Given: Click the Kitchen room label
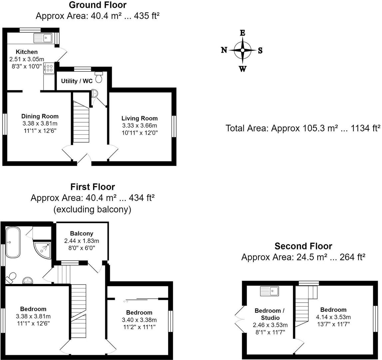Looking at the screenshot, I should pyautogui.click(x=27, y=52).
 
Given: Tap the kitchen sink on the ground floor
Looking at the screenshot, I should pyautogui.click(x=43, y=38).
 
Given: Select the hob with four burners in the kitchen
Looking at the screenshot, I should pyautogui.click(x=49, y=68).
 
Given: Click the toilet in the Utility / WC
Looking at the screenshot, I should pyautogui.click(x=99, y=77).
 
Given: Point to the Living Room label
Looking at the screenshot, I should pyautogui.click(x=139, y=118).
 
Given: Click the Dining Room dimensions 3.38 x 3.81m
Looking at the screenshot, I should pyautogui.click(x=40, y=124).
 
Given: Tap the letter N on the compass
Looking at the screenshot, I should pyautogui.click(x=224, y=50).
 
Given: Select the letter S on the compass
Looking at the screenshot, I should pyautogui.click(x=260, y=50).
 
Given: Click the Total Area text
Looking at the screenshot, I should pyautogui.click(x=303, y=128).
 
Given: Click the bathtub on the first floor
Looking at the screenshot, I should pyautogui.click(x=13, y=242).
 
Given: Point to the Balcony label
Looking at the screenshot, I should pyautogui.click(x=82, y=233).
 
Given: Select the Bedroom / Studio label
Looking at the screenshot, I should pyautogui.click(x=267, y=314).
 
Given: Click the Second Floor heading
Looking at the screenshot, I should pyautogui.click(x=303, y=246).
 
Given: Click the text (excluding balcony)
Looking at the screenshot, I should pyautogui.click(x=92, y=209).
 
